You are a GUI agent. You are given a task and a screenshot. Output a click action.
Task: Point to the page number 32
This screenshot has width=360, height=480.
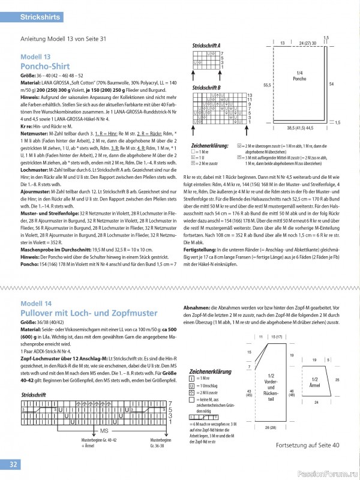pyautogui.click(x=13, y=465)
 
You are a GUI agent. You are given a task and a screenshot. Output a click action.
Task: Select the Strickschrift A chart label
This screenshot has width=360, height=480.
pyautogui.click(x=206, y=46)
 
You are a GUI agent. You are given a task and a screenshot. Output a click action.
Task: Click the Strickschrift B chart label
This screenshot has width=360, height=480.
pyautogui.click(x=206, y=88)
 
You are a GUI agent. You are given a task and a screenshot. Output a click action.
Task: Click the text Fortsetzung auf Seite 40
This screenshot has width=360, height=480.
pyautogui.click(x=308, y=445)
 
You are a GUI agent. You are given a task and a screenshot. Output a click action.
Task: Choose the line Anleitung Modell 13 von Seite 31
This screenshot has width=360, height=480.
pyautogui.click(x=63, y=39)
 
